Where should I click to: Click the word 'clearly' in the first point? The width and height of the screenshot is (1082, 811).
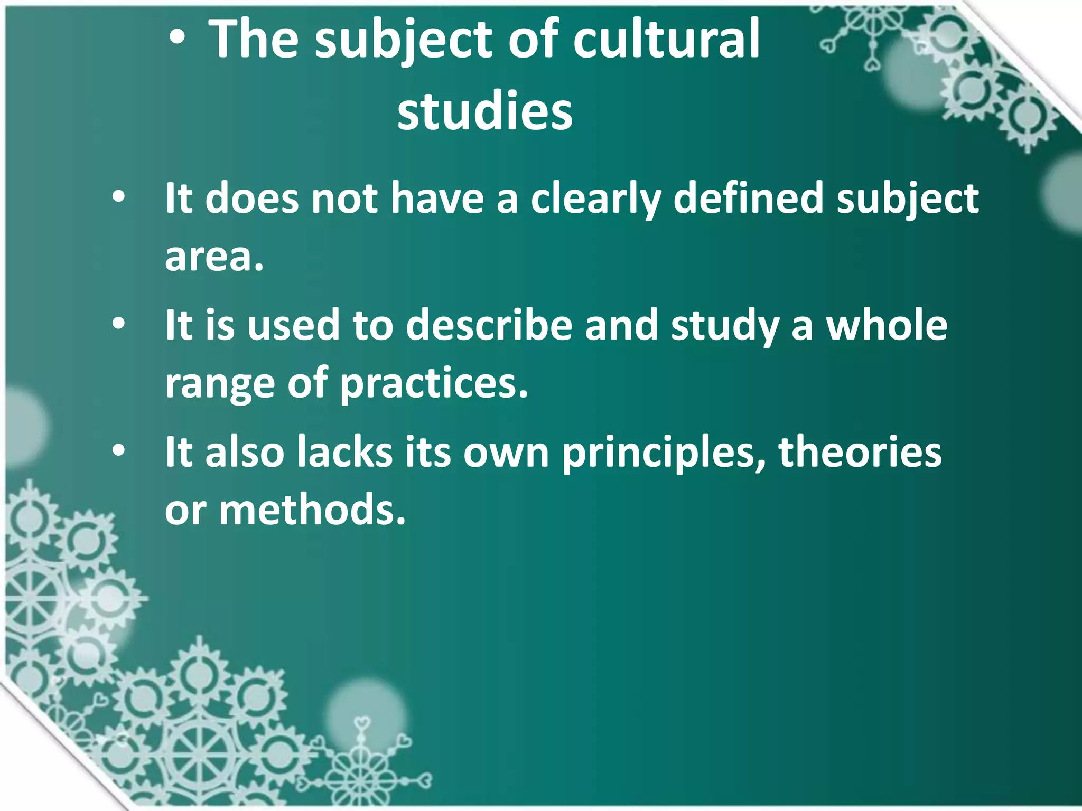tap(595, 199)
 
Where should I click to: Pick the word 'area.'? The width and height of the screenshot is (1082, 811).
tap(214, 257)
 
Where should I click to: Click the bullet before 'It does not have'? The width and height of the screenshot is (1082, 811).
tap(118, 197)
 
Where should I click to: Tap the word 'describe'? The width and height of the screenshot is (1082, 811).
tap(489, 325)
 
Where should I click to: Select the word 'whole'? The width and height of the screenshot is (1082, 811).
tap(887, 325)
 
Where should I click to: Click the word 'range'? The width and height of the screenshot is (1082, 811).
tap(220, 383)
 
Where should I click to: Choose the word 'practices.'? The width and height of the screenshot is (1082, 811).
tap(434, 383)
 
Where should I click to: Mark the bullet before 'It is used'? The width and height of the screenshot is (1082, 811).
tap(118, 324)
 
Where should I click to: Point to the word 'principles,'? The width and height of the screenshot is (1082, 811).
tap(664, 453)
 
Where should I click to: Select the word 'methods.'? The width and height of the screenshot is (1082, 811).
tap(312, 510)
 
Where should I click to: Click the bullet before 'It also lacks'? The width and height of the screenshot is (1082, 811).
tap(118, 450)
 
